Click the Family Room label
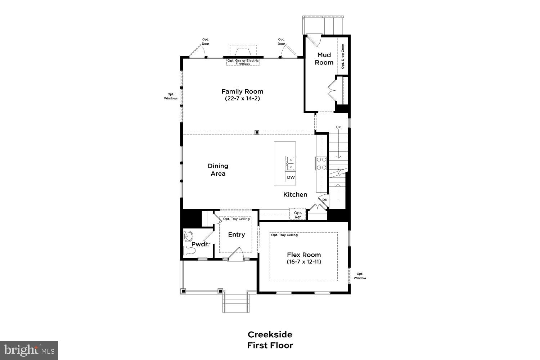pos(242,91)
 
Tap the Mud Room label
pos(324,59)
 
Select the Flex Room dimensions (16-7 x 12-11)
pos(304,262)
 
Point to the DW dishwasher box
pos(291,177)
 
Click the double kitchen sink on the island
pos(290,163)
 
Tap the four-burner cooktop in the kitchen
pos(321,163)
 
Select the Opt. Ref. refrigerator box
pos(298,215)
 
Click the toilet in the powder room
pos(189,250)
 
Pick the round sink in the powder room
pos(188,237)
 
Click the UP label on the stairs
pos(338,127)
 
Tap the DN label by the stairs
pos(325,200)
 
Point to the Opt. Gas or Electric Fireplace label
pos(243,62)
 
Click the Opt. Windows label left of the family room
pos(171,96)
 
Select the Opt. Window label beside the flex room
pos(360,276)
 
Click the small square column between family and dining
pos(257,132)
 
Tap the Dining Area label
pos(218,170)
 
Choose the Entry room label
pos(237,234)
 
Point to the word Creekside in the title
pos(270,334)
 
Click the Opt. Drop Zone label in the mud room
pos(343,57)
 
